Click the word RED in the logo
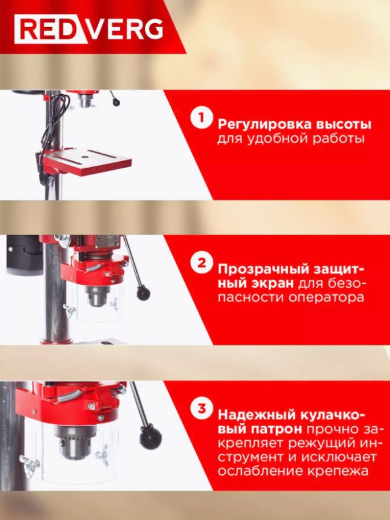(x=50, y=29)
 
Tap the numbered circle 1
(x=201, y=117)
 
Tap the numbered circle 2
(x=201, y=263)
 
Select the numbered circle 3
(x=201, y=408)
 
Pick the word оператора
(x=326, y=297)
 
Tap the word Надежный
(x=257, y=415)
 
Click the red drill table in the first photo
(x=87, y=161)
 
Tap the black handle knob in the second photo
(x=143, y=294)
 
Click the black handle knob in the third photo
(x=151, y=438)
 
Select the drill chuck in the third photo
(x=76, y=442)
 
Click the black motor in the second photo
(x=24, y=255)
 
